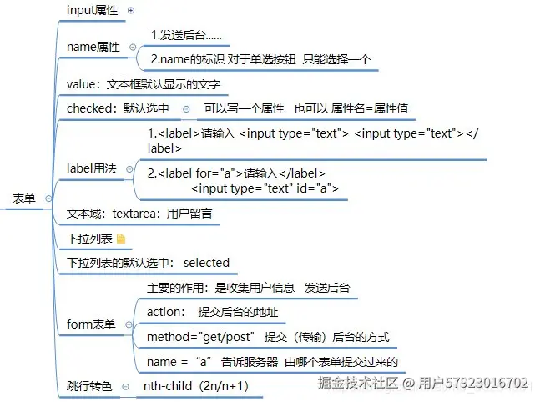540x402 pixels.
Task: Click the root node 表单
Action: pyautogui.click(x=24, y=198)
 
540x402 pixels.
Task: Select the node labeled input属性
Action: pyautogui.click(x=93, y=10)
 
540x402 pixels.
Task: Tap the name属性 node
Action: pyautogui.click(x=94, y=47)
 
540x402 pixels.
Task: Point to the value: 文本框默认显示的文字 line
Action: pyautogui.click(x=148, y=84)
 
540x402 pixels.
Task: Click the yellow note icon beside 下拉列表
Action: pyautogui.click(x=121, y=239)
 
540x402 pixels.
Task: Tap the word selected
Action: pyautogui.click(x=206, y=262)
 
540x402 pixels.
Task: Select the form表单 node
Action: pyautogui.click(x=91, y=324)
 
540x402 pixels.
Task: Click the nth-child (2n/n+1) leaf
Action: pyautogui.click(x=195, y=386)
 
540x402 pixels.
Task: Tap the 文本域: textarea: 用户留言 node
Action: pyautogui.click(x=139, y=214)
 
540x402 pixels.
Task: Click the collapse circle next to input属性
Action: pyautogui.click(x=130, y=10)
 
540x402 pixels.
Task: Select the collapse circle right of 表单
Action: pyautogui.click(x=48, y=198)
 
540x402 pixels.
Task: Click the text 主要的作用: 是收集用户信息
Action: pyautogui.click(x=220, y=288)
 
